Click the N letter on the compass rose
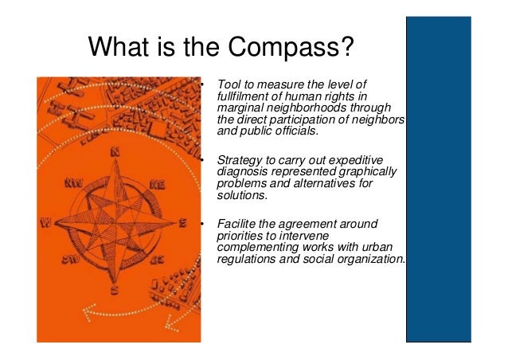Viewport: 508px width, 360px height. click(x=115, y=151)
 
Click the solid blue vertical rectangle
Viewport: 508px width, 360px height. click(x=456, y=180)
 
